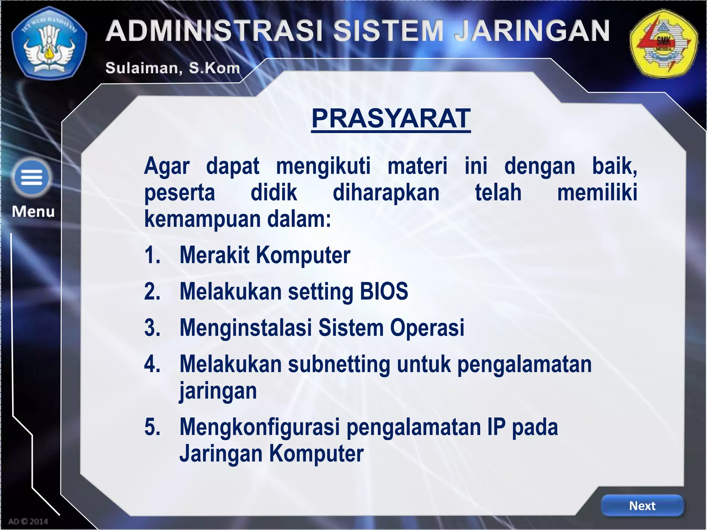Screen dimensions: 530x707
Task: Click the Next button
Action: tap(642, 506)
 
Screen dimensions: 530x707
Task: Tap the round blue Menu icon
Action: tap(31, 177)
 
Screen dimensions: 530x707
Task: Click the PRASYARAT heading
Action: tap(391, 118)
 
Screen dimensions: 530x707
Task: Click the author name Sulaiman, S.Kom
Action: tap(173, 68)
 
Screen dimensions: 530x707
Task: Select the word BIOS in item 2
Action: tap(384, 292)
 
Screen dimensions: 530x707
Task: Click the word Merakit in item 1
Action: tap(214, 255)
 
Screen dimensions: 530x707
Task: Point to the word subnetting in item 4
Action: tap(339, 364)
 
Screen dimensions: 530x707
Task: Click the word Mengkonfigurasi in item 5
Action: tap(260, 427)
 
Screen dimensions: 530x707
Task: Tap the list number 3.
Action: tap(152, 328)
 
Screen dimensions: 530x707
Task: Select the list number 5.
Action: tap(152, 427)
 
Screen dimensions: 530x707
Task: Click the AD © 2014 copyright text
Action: tap(28, 521)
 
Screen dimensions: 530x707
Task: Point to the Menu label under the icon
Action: tap(33, 212)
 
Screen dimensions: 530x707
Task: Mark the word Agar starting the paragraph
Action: tap(167, 166)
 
